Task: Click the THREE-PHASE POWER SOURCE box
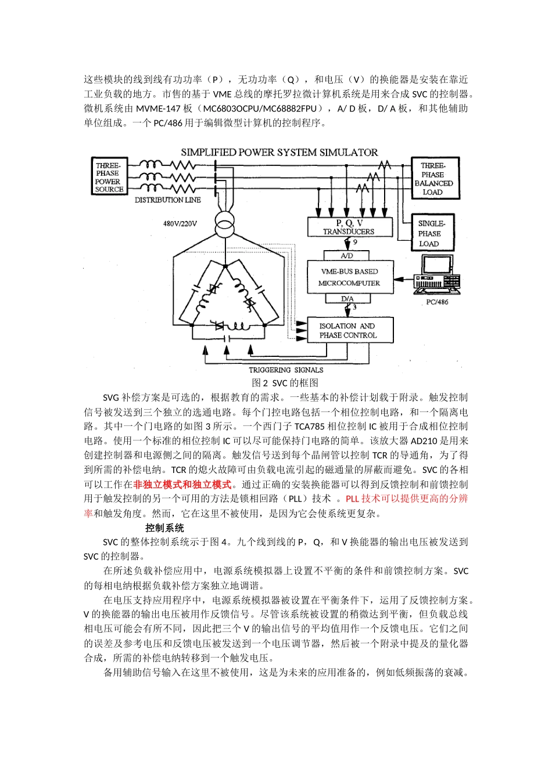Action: (x=109, y=177)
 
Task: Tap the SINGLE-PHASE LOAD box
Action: (x=431, y=233)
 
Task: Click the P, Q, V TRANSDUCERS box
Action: (x=349, y=227)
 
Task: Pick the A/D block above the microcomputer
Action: (x=347, y=255)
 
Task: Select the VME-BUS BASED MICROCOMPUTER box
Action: (x=349, y=277)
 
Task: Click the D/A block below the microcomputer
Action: (x=347, y=299)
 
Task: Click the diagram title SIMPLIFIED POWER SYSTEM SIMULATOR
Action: (x=279, y=153)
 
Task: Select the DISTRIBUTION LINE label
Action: (x=168, y=200)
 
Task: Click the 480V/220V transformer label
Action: (x=180, y=223)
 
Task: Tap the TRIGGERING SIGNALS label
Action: (x=286, y=370)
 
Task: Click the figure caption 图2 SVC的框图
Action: (x=285, y=383)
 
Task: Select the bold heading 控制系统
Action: (x=164, y=528)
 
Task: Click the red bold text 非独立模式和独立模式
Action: (x=182, y=485)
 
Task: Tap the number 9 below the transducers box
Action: (x=355, y=243)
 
